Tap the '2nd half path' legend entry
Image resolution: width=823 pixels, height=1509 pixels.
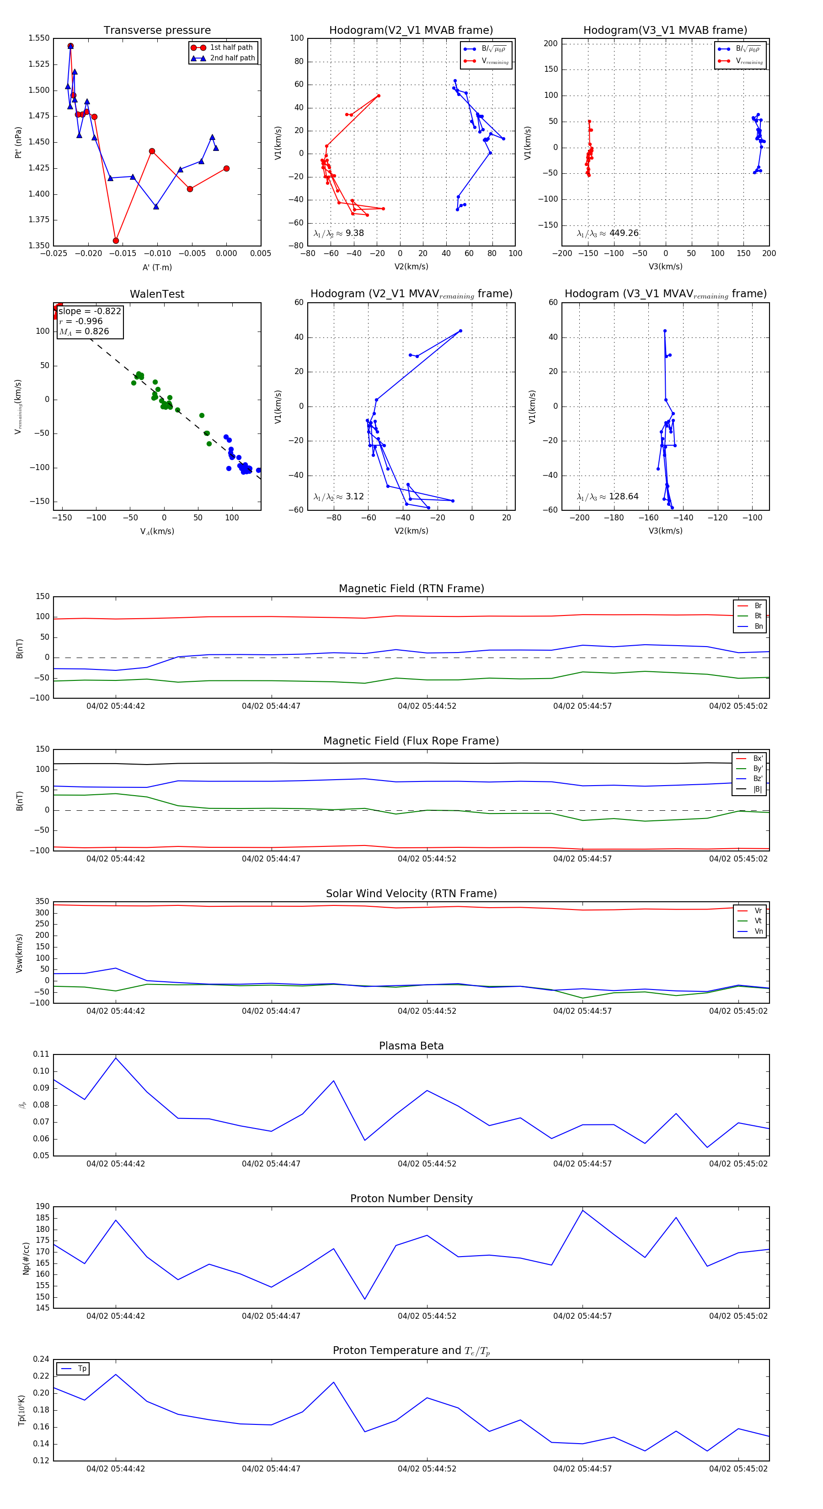[232, 58]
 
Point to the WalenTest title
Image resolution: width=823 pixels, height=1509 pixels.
[157, 294]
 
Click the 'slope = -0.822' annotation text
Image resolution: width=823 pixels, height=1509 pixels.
[90, 311]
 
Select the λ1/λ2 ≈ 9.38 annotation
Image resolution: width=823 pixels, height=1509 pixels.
[338, 233]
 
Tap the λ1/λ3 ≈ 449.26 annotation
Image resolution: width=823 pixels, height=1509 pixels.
[608, 233]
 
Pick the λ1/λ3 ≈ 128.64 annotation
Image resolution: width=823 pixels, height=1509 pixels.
[608, 497]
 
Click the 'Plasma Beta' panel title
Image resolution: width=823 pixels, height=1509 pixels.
[411, 1046]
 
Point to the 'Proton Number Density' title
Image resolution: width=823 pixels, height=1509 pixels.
[411, 1198]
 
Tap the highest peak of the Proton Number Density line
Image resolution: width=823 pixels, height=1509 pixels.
[582, 1210]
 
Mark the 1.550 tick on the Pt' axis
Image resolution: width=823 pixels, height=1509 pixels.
[39, 38]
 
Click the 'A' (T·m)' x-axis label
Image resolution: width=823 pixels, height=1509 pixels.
[157, 267]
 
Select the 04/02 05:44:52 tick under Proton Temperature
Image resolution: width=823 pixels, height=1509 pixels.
[427, 1469]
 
